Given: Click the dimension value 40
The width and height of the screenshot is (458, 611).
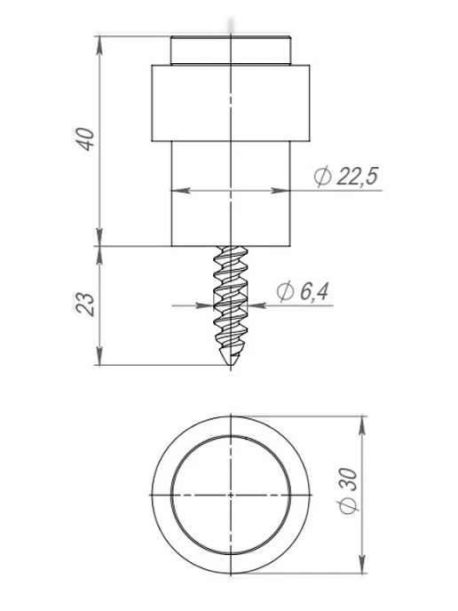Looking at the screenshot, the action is pos(85,139).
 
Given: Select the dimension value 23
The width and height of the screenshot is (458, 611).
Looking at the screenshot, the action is pos(85,304).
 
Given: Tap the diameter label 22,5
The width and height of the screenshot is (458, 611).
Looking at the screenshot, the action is pos(358,176).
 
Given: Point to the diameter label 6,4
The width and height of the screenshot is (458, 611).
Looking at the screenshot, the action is pos(314,291).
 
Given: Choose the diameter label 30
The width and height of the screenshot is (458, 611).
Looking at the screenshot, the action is pos(349,480).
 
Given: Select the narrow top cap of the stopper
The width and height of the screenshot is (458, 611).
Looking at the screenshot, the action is pos(231,51).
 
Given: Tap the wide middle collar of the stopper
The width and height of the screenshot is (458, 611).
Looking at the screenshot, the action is pos(231,103).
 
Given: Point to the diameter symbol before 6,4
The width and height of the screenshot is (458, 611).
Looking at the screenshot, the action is pos(286,292).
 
